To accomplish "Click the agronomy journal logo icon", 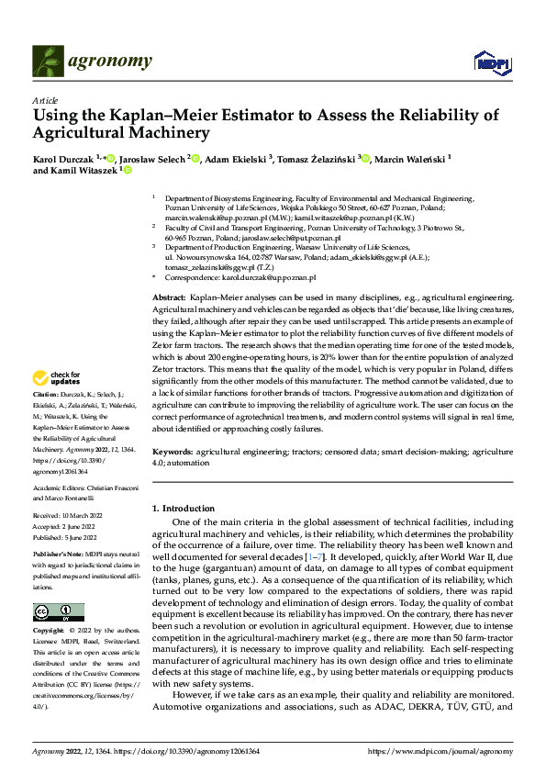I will pyautogui.click(x=49, y=62).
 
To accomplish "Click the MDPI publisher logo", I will pyautogui.click(x=493, y=62).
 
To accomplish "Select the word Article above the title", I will pyautogui.click(x=45, y=100).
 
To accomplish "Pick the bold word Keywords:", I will pyautogui.click(x=173, y=453).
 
